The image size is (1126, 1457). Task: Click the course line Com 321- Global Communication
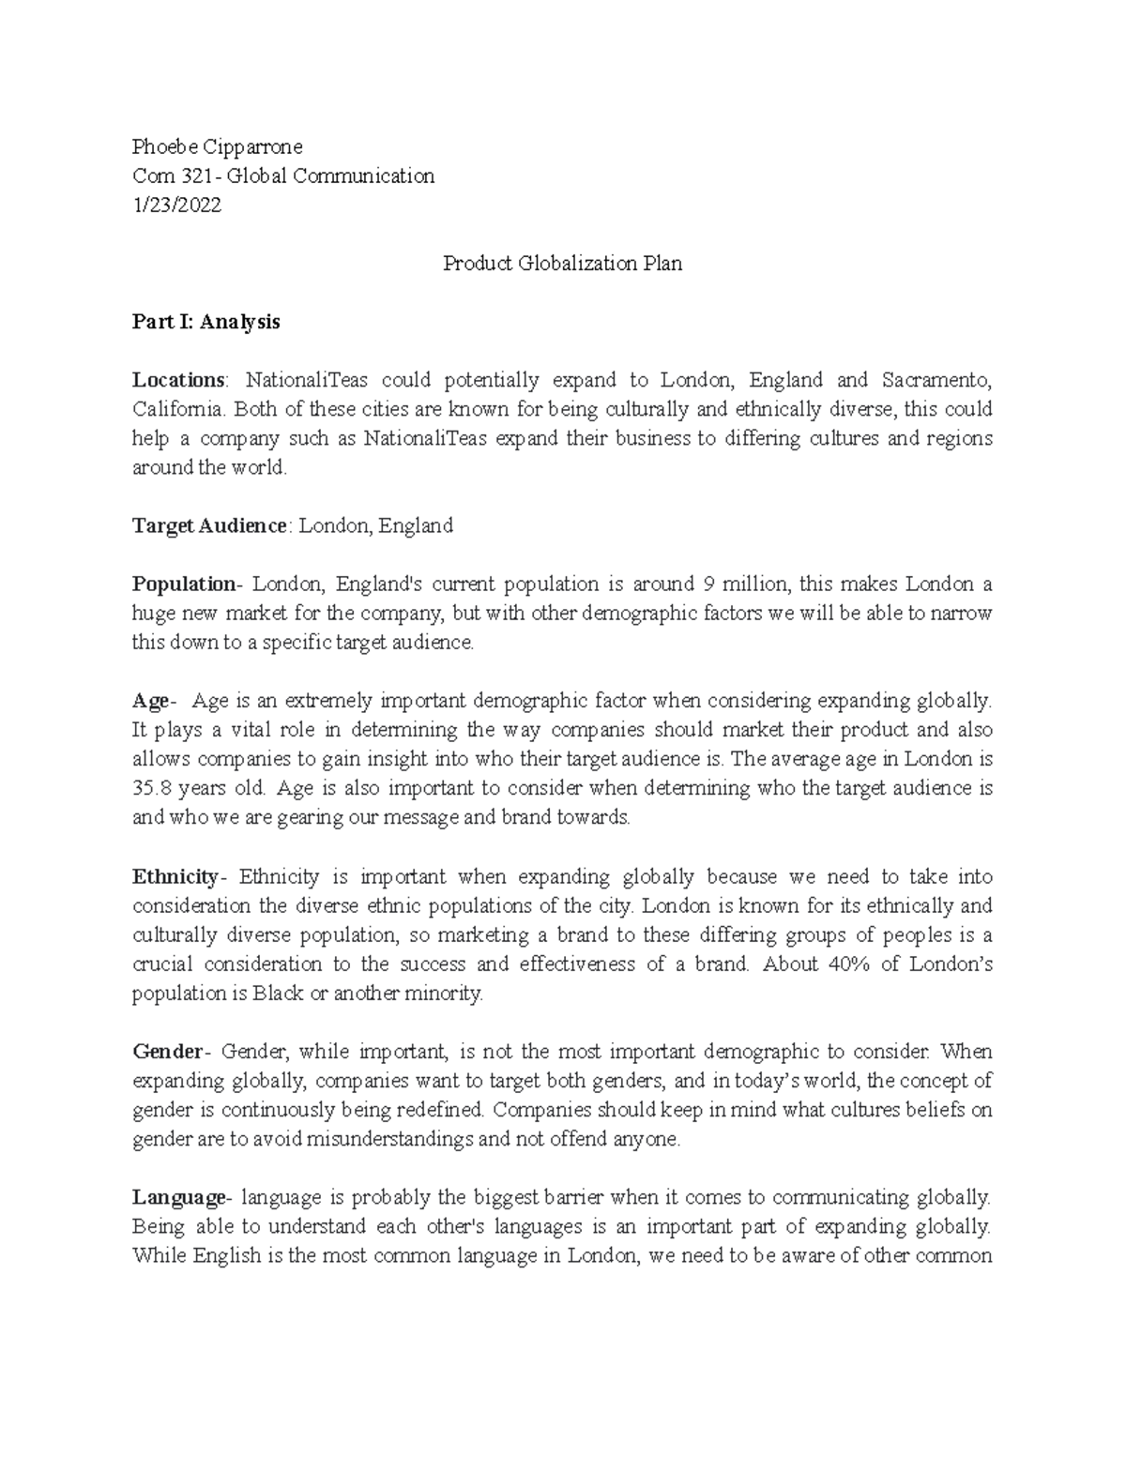click(x=283, y=175)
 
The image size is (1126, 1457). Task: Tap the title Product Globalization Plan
click(x=562, y=264)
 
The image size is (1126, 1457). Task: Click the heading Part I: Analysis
click(x=205, y=322)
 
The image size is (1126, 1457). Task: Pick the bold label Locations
click(x=178, y=380)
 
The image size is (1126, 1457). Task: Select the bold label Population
click(x=185, y=584)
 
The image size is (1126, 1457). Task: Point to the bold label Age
click(x=150, y=701)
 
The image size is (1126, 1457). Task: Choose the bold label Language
click(x=178, y=1197)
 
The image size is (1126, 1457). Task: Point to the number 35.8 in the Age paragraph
click(x=148, y=788)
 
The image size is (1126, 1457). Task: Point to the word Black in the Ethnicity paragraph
click(x=278, y=993)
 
